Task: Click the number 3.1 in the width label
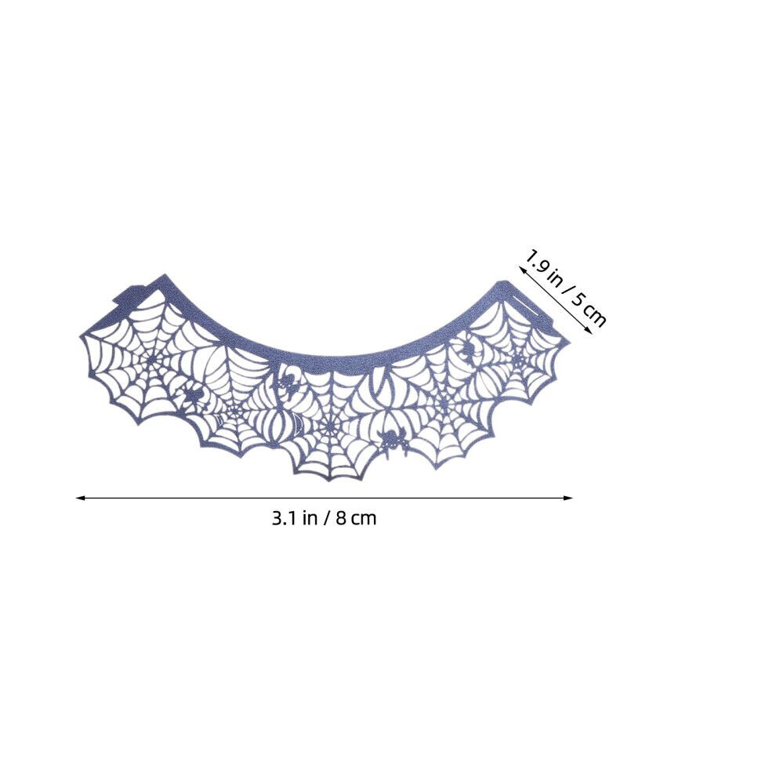pos(283,518)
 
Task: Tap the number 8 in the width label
pos(340,518)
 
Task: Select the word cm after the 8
pos(364,519)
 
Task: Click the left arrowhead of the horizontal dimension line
pos(80,498)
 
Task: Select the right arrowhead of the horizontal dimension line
pos(568,498)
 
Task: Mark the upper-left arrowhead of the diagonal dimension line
pos(521,269)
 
